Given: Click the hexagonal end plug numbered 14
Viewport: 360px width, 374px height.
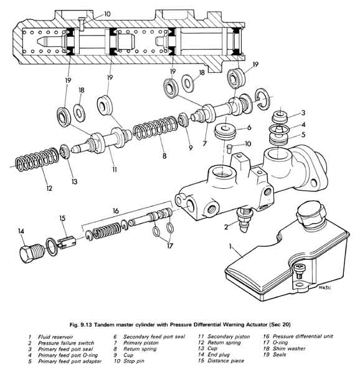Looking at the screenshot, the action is pyautogui.click(x=31, y=253).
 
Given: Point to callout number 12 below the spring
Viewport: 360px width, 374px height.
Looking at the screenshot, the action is pyautogui.click(x=49, y=188).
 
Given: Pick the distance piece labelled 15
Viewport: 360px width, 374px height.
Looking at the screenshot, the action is pyautogui.click(x=67, y=242).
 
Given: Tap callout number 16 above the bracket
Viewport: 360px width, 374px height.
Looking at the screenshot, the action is pyautogui.click(x=116, y=211).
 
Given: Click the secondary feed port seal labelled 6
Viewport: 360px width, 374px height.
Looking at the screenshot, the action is pyautogui.click(x=225, y=132).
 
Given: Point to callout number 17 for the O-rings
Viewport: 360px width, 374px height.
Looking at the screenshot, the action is pyautogui.click(x=169, y=246).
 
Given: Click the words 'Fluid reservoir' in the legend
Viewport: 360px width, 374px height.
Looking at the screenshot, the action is pyautogui.click(x=55, y=337).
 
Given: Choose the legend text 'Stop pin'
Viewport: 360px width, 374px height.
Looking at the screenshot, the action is pyautogui.click(x=134, y=361).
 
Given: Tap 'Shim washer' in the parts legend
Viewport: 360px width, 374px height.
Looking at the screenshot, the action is pyautogui.click(x=289, y=348).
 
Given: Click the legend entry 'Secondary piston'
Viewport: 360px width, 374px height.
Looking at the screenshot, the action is pyautogui.click(x=229, y=337).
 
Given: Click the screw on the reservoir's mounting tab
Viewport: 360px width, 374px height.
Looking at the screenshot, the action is pyautogui.click(x=299, y=271).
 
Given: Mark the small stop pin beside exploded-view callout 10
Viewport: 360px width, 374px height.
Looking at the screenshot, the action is pyautogui.click(x=229, y=148).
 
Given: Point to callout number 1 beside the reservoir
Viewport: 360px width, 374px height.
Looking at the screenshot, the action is pyautogui.click(x=230, y=246).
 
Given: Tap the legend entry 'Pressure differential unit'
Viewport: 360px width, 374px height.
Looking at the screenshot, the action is pyautogui.click(x=303, y=337).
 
